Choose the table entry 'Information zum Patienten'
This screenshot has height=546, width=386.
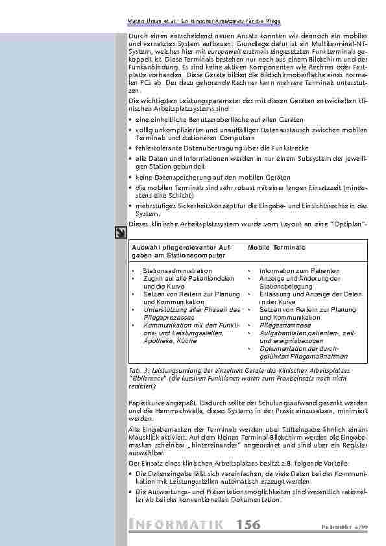(290, 270)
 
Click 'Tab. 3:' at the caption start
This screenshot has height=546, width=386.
(139, 368)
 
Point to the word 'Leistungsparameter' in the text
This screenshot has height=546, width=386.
(195, 101)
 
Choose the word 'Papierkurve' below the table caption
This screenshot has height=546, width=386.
(147, 402)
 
